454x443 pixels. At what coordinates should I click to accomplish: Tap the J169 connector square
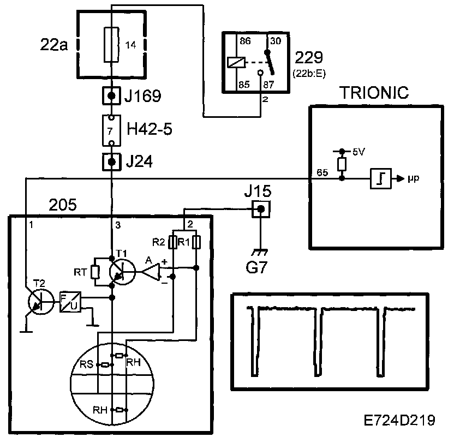pyautogui.click(x=112, y=97)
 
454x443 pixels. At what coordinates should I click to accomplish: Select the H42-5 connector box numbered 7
pyautogui.click(x=112, y=130)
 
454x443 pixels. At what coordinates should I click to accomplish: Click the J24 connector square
pyautogui.click(x=112, y=162)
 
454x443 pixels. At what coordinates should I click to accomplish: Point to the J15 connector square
pyautogui.click(x=261, y=208)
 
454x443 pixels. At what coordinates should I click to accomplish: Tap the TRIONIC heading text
pyautogui.click(x=374, y=92)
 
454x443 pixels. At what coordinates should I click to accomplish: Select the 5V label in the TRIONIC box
pyautogui.click(x=357, y=153)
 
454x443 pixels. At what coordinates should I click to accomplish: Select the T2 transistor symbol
pyautogui.click(x=39, y=303)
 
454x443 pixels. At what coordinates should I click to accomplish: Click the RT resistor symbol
pyautogui.click(x=95, y=271)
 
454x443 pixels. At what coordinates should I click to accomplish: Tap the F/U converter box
pyautogui.click(x=70, y=300)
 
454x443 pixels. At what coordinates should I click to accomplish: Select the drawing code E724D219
pyautogui.click(x=400, y=421)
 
